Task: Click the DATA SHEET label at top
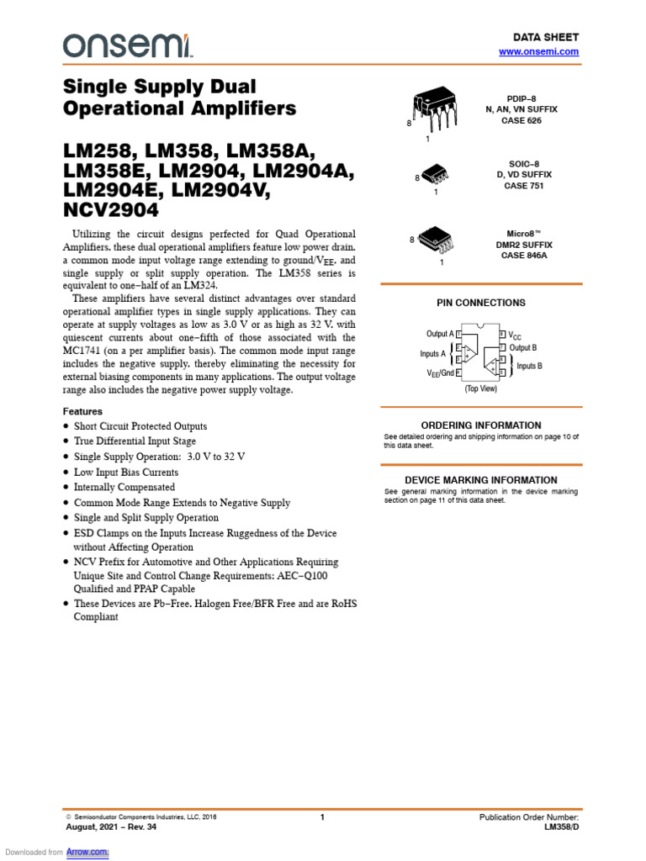[546, 38]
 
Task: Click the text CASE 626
[522, 121]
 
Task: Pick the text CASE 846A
[524, 256]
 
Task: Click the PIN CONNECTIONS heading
[480, 303]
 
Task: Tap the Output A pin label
[439, 334]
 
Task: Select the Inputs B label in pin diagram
[529, 366]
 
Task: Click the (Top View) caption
[480, 389]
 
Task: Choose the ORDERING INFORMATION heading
[481, 425]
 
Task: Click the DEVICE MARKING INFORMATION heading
[481, 480]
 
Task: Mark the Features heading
[83, 411]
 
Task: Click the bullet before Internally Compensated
[67, 488]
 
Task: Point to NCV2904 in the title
[111, 210]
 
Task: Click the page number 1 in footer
[322, 817]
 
